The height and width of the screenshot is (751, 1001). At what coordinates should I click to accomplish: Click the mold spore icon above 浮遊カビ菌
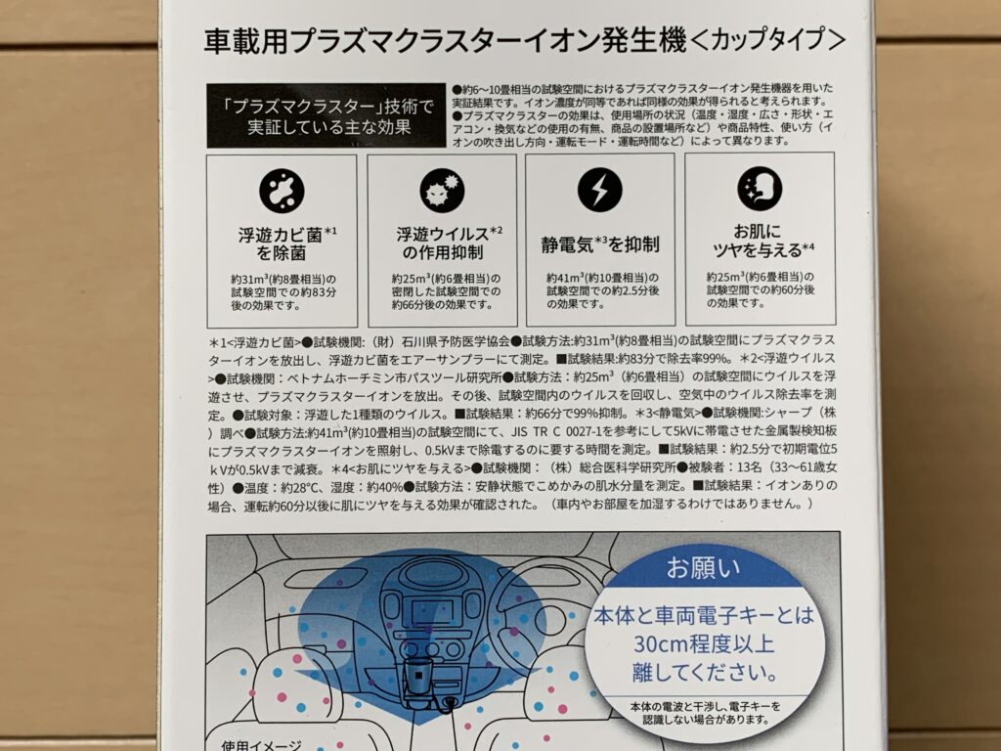(282, 191)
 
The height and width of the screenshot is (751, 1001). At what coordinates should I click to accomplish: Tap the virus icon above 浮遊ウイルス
(442, 191)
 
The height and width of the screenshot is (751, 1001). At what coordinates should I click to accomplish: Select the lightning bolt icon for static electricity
(599, 190)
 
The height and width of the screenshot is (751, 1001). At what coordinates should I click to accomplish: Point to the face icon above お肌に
(759, 189)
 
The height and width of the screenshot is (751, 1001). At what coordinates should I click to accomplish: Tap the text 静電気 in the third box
(568, 244)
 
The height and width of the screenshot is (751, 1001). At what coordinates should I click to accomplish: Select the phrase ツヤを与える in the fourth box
(757, 250)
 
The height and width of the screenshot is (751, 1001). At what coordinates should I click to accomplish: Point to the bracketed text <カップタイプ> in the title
(768, 40)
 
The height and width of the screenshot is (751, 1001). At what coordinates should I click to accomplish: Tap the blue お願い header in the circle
(703, 568)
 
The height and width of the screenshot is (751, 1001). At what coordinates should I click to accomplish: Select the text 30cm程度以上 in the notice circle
(704, 643)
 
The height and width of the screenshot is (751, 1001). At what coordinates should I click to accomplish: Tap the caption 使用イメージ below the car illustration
(261, 745)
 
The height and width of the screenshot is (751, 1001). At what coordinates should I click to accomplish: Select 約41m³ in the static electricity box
(565, 278)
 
